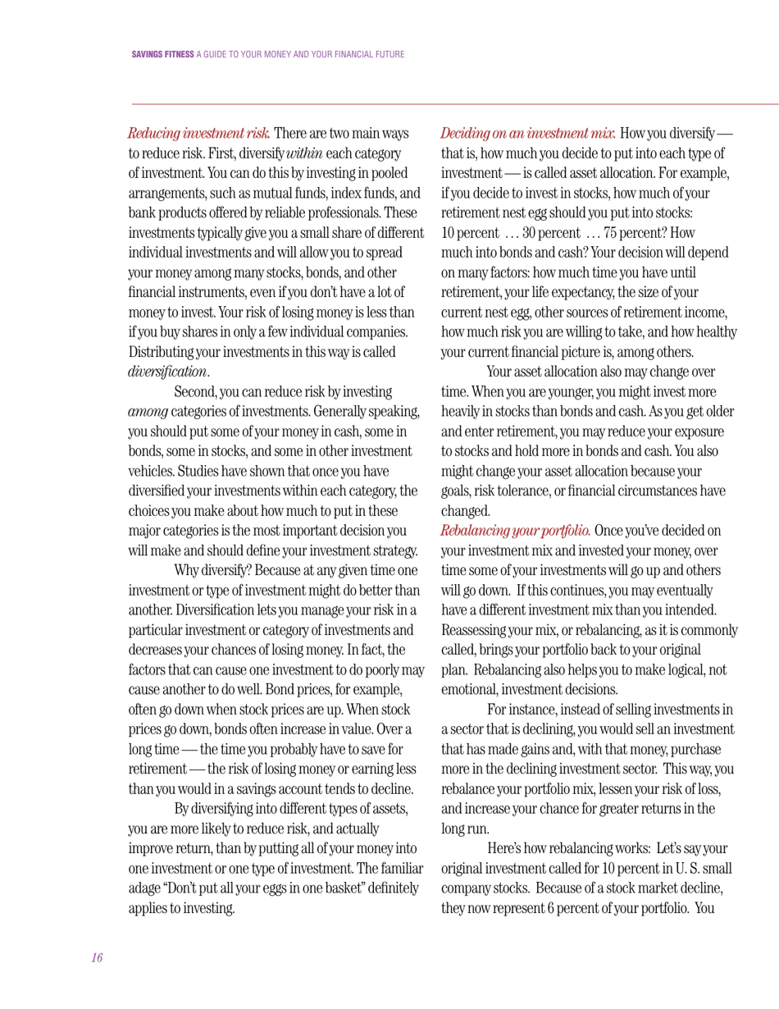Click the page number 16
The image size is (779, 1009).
97,957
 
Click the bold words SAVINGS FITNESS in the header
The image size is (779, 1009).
162,55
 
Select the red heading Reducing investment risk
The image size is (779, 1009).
199,134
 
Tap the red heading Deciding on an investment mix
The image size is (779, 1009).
528,134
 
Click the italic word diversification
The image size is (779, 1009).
167,372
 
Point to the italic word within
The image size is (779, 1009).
304,153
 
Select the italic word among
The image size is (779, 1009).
148,412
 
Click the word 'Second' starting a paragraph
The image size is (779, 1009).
195,392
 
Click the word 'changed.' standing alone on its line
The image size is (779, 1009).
465,510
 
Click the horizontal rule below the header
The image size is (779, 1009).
455,104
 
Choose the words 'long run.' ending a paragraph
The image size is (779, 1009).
465,829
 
